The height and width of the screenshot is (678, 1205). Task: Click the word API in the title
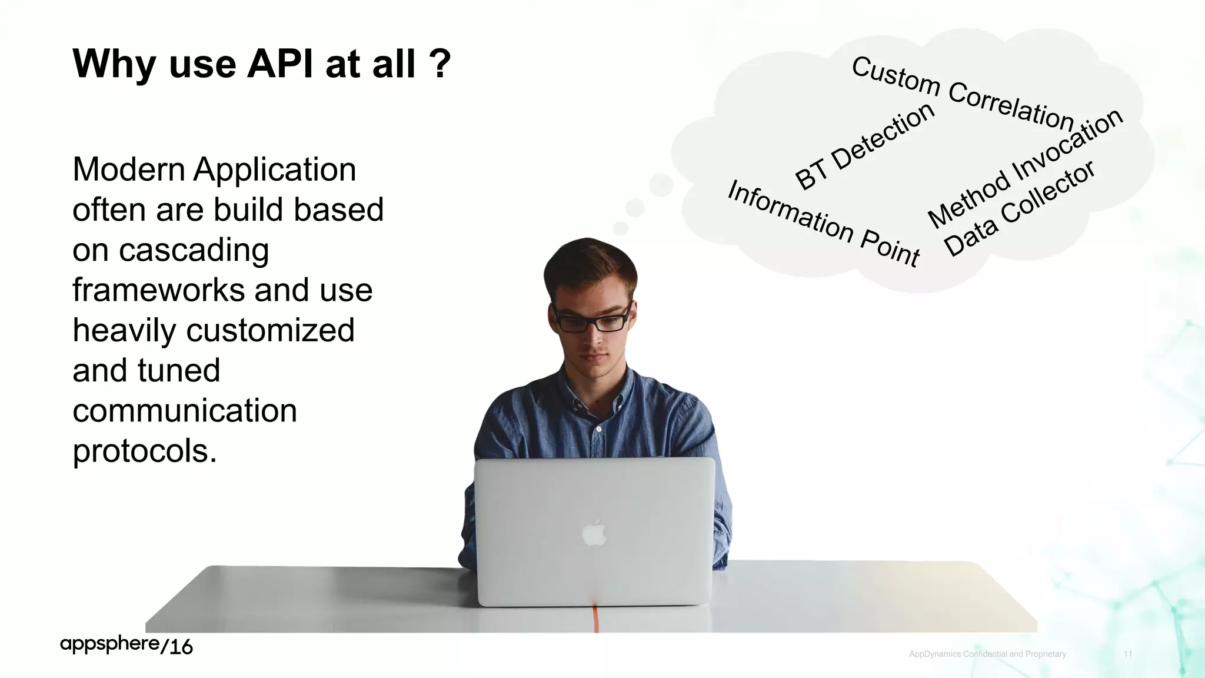click(x=280, y=64)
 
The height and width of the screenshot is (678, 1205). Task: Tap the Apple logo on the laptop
click(x=594, y=533)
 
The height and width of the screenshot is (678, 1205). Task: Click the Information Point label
click(x=823, y=224)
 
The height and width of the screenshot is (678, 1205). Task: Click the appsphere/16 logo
click(x=127, y=645)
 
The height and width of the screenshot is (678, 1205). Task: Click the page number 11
click(x=1128, y=654)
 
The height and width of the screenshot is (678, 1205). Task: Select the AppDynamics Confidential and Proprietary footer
click(x=987, y=654)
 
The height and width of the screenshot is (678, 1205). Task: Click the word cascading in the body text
click(x=194, y=251)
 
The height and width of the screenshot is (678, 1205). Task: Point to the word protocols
click(x=145, y=451)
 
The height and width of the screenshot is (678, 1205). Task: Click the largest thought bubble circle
click(x=661, y=185)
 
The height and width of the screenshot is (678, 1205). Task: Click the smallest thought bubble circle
click(x=620, y=228)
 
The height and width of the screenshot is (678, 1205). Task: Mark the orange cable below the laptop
click(x=595, y=618)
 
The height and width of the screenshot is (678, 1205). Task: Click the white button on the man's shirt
click(x=598, y=429)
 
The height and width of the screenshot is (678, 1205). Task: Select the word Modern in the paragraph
click(x=129, y=170)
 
